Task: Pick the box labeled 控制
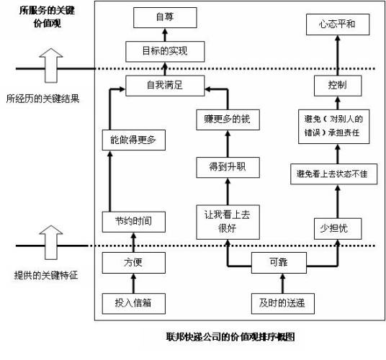337,85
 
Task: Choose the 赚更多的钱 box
225,117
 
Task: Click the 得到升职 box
225,168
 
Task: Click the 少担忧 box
337,228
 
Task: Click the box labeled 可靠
278,263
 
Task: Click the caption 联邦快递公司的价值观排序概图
229,337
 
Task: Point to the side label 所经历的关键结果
43,99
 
